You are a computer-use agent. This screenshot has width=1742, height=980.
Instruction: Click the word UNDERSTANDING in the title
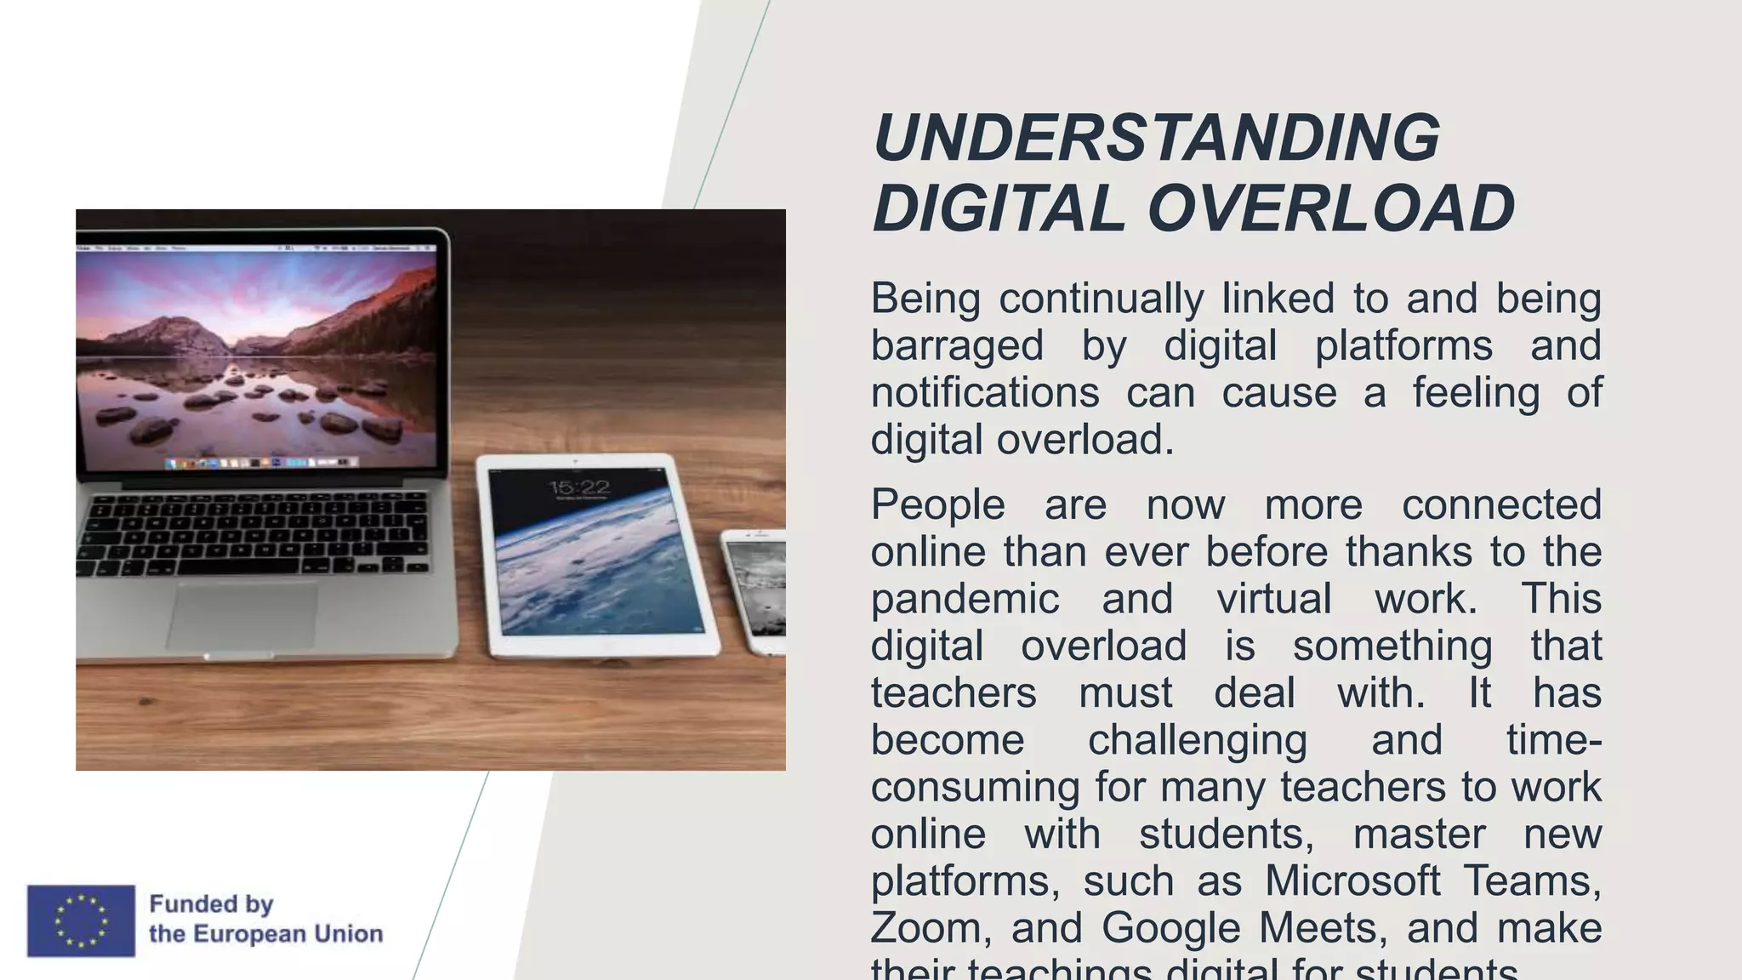coord(1156,138)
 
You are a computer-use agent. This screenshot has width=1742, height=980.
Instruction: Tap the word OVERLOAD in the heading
coord(1330,208)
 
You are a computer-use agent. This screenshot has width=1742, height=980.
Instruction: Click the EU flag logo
coord(81,920)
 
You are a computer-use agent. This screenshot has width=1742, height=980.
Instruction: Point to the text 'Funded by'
coord(211,903)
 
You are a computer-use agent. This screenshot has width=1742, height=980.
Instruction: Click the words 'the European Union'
coord(265,934)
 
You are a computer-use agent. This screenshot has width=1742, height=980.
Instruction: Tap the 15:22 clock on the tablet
coord(579,487)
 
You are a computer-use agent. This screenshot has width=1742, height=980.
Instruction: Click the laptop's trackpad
coord(242,615)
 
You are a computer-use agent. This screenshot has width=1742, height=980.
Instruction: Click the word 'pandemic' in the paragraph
coord(965,599)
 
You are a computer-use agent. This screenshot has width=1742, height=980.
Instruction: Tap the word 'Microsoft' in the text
coord(1352,880)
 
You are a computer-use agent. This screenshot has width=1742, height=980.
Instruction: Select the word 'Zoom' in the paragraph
coord(921,927)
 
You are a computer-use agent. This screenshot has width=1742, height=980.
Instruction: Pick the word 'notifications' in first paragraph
coord(985,393)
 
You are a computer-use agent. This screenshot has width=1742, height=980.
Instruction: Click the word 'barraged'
coord(957,346)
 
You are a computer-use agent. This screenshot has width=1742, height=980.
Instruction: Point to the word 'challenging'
coord(1197,740)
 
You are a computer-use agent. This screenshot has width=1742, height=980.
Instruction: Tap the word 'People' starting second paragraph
coord(937,504)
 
